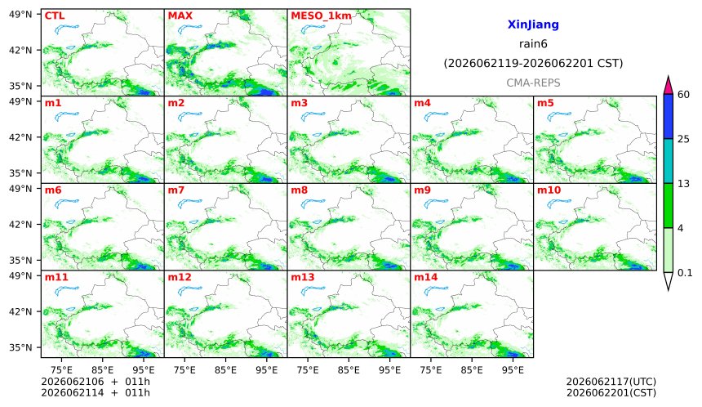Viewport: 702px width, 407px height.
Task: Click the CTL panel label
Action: point(55,16)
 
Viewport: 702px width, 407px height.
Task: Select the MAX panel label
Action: point(180,16)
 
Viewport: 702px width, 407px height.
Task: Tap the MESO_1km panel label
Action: point(321,16)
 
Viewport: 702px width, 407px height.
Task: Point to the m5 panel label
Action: point(545,103)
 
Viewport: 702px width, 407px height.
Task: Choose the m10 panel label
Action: point(549,190)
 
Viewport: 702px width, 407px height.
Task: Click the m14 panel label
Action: point(426,277)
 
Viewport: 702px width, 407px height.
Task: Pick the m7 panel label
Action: point(176,190)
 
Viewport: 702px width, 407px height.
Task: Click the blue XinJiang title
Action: point(533,25)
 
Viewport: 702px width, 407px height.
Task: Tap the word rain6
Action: point(533,44)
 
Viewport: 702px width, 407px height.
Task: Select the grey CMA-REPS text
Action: point(533,83)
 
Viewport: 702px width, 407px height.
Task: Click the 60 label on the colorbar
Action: point(684,95)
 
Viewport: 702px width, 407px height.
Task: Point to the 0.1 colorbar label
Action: point(685,272)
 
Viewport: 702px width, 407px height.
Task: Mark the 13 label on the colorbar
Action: point(684,184)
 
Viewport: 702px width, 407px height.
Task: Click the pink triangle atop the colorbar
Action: point(668,86)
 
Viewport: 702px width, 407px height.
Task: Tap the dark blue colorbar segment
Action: point(668,117)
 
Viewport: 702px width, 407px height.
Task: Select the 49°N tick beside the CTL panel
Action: point(20,15)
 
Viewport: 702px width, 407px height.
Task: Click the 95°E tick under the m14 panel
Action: point(513,370)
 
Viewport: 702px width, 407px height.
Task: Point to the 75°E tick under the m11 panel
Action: point(61,370)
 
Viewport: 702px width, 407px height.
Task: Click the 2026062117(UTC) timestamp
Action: point(611,382)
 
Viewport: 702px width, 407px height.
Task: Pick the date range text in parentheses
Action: point(533,63)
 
